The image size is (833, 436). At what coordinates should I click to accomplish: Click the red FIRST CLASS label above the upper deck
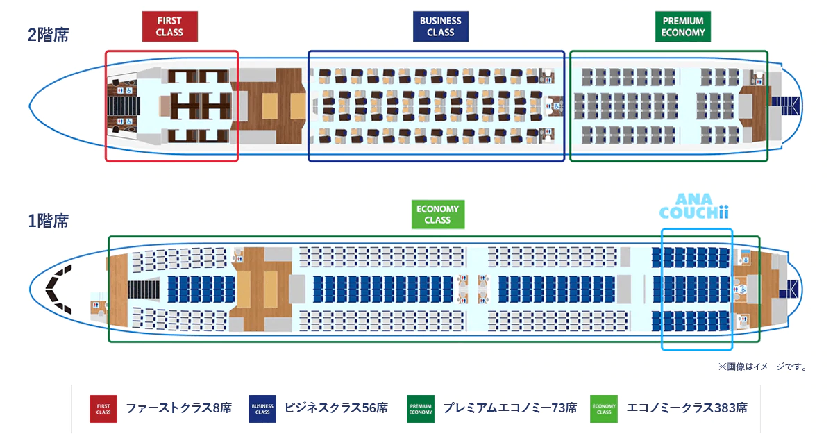click(x=170, y=26)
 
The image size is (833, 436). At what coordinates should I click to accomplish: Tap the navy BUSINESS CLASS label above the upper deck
click(x=441, y=26)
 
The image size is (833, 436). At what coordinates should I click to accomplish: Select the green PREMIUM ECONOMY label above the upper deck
click(x=683, y=26)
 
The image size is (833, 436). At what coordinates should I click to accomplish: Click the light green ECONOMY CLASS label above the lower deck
click(x=438, y=215)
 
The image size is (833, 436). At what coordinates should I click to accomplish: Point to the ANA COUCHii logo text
click(x=694, y=206)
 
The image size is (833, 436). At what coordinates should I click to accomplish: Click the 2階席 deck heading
click(x=49, y=35)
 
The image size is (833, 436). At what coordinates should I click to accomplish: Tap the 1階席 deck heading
click(x=49, y=221)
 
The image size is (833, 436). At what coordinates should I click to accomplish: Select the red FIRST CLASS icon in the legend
click(x=103, y=409)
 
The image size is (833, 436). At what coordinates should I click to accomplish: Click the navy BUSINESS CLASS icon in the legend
click(x=262, y=409)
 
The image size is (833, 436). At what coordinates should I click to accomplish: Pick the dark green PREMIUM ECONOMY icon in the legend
click(x=421, y=409)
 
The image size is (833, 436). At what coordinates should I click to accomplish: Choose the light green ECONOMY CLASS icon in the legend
click(x=604, y=409)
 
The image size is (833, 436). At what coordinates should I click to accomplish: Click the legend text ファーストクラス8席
click(x=179, y=408)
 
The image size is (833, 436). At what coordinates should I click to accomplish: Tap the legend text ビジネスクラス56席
click(x=336, y=408)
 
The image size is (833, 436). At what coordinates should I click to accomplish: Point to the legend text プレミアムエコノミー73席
click(x=510, y=408)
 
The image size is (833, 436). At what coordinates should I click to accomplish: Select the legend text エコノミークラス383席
click(x=687, y=408)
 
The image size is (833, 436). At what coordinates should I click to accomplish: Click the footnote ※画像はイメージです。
click(x=764, y=367)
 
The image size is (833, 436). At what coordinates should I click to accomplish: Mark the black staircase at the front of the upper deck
click(x=124, y=106)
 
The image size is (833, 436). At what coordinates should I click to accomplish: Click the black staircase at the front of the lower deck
click(x=144, y=290)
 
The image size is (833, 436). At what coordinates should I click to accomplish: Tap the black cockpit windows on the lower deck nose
click(x=59, y=290)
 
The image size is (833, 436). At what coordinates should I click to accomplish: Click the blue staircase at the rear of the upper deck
click(x=785, y=106)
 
